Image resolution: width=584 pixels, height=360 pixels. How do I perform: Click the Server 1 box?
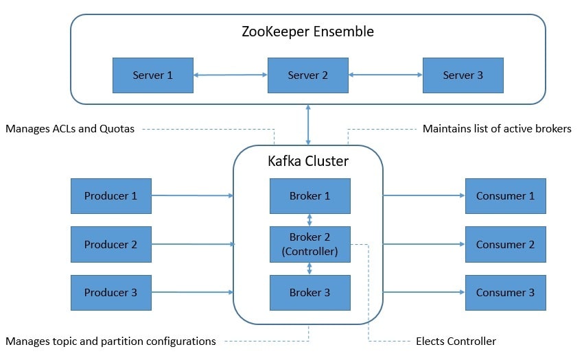153,75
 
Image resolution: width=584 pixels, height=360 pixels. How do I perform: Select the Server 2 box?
308,75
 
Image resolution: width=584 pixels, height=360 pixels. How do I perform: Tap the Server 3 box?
463,75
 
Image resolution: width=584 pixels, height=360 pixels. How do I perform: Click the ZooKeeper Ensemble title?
307,32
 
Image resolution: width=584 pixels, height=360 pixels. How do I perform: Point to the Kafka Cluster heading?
308,161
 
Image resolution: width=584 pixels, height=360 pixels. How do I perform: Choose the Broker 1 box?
310,196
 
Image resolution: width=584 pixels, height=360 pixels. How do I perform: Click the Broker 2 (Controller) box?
310,244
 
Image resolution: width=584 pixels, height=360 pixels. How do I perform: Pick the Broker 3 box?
310,293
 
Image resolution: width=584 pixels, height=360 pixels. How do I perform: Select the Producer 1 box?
111,196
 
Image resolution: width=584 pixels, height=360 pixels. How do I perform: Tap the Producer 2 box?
111,244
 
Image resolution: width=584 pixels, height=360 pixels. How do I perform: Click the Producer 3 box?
111,293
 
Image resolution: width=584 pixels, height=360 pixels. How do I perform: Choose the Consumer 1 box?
505,196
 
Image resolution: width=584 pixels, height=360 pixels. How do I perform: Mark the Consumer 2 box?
505,244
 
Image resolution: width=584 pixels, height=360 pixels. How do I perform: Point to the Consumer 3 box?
505,293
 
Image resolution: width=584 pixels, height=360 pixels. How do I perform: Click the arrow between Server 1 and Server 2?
231,75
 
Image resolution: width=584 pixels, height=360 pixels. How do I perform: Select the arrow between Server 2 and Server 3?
386,75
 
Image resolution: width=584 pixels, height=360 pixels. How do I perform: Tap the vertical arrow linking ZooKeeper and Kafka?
308,125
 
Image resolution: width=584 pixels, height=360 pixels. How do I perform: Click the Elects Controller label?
456,341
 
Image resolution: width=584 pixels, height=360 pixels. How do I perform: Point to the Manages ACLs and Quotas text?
70,129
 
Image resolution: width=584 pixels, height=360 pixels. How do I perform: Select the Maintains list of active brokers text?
497,129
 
